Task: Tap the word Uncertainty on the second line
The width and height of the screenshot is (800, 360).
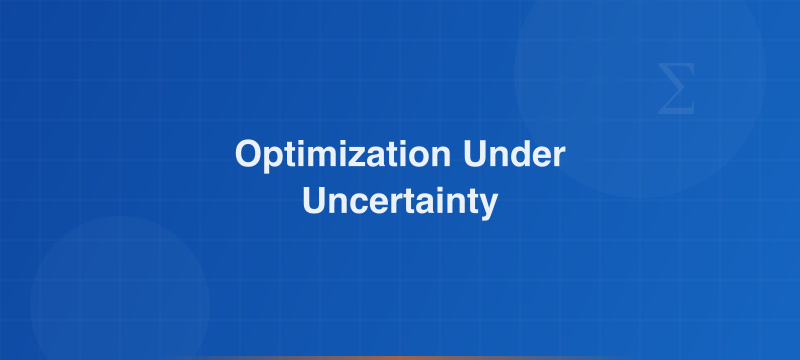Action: tap(400, 201)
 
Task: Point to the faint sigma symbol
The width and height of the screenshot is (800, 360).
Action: tap(677, 88)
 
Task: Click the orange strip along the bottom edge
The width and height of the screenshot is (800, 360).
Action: tap(400, 357)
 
